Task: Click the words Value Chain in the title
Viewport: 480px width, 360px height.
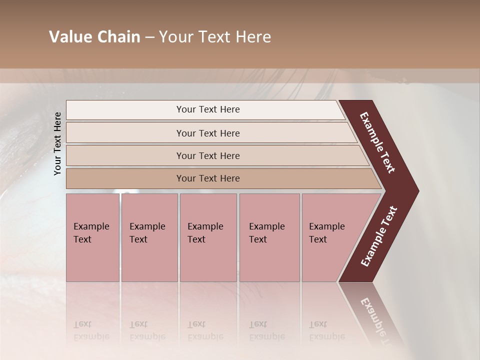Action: point(94,37)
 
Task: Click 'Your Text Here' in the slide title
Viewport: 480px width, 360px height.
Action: point(215,37)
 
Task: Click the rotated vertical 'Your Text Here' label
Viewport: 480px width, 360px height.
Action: point(57,143)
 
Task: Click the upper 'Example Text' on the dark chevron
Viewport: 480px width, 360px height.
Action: point(377,142)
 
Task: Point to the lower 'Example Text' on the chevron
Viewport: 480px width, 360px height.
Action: point(379,236)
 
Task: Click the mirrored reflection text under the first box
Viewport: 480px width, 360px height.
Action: point(91,330)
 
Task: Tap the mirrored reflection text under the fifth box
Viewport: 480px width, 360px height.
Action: point(326,330)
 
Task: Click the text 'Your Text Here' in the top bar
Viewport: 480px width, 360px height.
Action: point(208,109)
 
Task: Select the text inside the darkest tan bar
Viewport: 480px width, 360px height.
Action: point(208,178)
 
